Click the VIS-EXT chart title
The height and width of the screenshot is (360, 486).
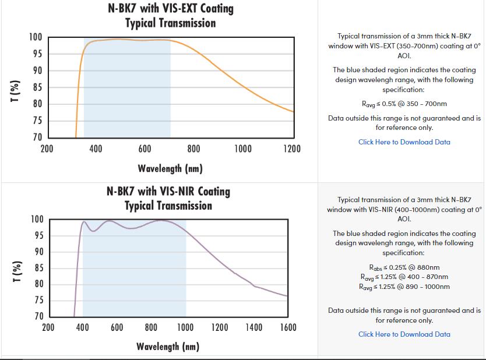(x=170, y=16)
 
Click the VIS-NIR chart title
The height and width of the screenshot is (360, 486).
(x=168, y=198)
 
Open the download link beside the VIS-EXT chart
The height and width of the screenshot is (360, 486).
(x=404, y=142)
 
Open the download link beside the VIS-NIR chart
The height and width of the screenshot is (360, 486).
(x=404, y=334)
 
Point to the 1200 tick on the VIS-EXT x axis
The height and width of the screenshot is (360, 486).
(x=292, y=149)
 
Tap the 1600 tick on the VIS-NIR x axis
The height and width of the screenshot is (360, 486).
(x=288, y=327)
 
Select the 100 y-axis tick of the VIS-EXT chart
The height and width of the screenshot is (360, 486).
(x=36, y=38)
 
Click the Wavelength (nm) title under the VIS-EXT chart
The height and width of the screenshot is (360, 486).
(x=170, y=169)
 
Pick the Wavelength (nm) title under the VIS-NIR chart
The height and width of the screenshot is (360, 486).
(x=168, y=347)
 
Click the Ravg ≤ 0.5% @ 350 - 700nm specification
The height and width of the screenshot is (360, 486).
(x=404, y=104)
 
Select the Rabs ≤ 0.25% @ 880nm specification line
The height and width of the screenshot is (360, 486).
(x=404, y=268)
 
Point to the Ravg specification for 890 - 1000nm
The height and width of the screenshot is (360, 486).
(x=404, y=287)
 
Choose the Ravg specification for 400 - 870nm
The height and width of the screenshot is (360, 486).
(x=404, y=277)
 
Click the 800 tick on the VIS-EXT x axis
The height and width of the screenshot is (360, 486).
(x=194, y=149)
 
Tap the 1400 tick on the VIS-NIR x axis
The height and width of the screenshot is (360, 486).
(x=253, y=327)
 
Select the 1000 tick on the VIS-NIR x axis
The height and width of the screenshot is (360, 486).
(x=185, y=327)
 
